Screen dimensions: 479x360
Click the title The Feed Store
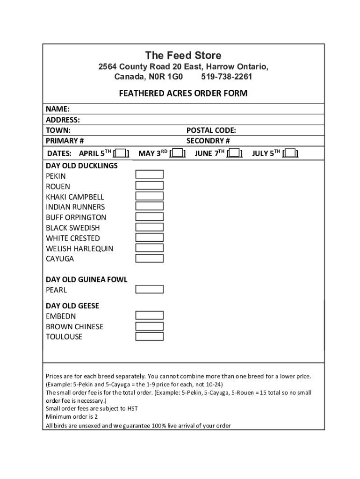183,56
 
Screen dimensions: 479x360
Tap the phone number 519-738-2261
226,76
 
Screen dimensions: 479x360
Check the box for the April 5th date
122,153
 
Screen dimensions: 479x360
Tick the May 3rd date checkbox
178,153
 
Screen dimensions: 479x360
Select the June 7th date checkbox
234,153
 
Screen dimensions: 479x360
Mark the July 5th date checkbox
290,153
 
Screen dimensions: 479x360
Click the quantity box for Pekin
149,174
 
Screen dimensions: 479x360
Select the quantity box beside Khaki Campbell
149,196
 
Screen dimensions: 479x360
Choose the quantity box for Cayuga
149,258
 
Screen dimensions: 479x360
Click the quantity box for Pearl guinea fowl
149,290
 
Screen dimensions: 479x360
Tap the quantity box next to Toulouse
149,336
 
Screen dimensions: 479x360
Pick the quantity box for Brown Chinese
149,326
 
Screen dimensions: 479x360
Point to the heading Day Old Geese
72,306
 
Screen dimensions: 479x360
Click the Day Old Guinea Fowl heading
86,280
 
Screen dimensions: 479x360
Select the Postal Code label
211,131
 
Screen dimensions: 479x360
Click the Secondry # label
208,141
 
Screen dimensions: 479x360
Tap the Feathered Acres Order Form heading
183,94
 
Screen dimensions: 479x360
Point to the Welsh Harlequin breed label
79,248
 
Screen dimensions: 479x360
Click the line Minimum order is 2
72,417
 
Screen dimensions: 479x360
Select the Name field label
58,109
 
